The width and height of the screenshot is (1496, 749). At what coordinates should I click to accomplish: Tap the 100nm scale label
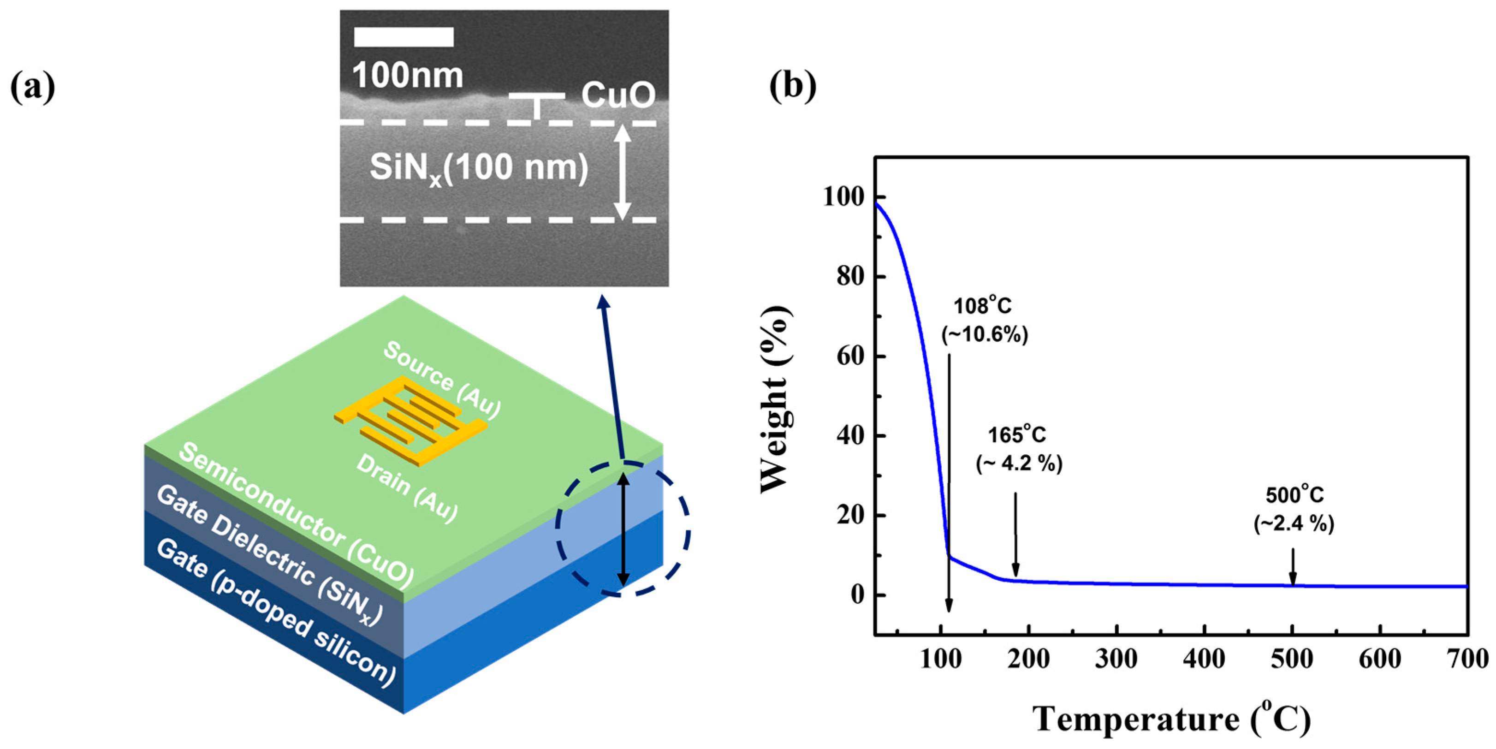[408, 76]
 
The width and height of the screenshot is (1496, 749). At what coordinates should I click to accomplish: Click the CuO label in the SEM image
[618, 95]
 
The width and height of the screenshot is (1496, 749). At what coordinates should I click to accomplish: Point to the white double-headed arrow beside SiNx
[623, 172]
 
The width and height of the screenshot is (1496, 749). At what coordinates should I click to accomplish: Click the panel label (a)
[33, 87]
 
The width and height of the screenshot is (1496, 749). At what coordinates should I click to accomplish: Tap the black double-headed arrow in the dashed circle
[623, 529]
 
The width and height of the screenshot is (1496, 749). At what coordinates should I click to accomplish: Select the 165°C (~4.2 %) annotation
[1019, 449]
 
